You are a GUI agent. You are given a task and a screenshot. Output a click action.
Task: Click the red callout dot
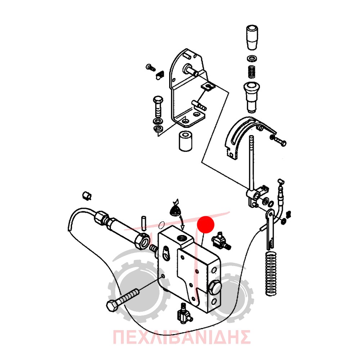[206, 225]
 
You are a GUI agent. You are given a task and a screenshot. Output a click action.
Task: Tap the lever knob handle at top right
[252, 37]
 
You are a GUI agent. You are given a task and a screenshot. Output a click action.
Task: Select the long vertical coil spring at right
[271, 274]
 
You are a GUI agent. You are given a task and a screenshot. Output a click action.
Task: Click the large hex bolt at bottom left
[123, 300]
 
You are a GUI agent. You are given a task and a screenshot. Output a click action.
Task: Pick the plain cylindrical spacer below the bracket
[185, 141]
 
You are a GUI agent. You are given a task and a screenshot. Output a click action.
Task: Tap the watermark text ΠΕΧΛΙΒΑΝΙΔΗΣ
[181, 337]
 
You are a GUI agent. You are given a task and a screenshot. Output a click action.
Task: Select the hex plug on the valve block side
[215, 287]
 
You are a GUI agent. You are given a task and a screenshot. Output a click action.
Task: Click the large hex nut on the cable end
[142, 242]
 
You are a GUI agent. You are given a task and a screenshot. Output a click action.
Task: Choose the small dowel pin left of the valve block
[144, 223]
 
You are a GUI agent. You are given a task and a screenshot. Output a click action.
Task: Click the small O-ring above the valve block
[162, 225]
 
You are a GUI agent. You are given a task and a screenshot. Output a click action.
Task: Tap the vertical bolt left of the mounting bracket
[158, 107]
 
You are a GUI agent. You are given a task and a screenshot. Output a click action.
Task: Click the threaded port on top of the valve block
[182, 239]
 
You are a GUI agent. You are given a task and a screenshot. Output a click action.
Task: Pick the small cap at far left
[87, 196]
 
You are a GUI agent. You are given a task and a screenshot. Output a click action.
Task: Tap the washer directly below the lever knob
[252, 58]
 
